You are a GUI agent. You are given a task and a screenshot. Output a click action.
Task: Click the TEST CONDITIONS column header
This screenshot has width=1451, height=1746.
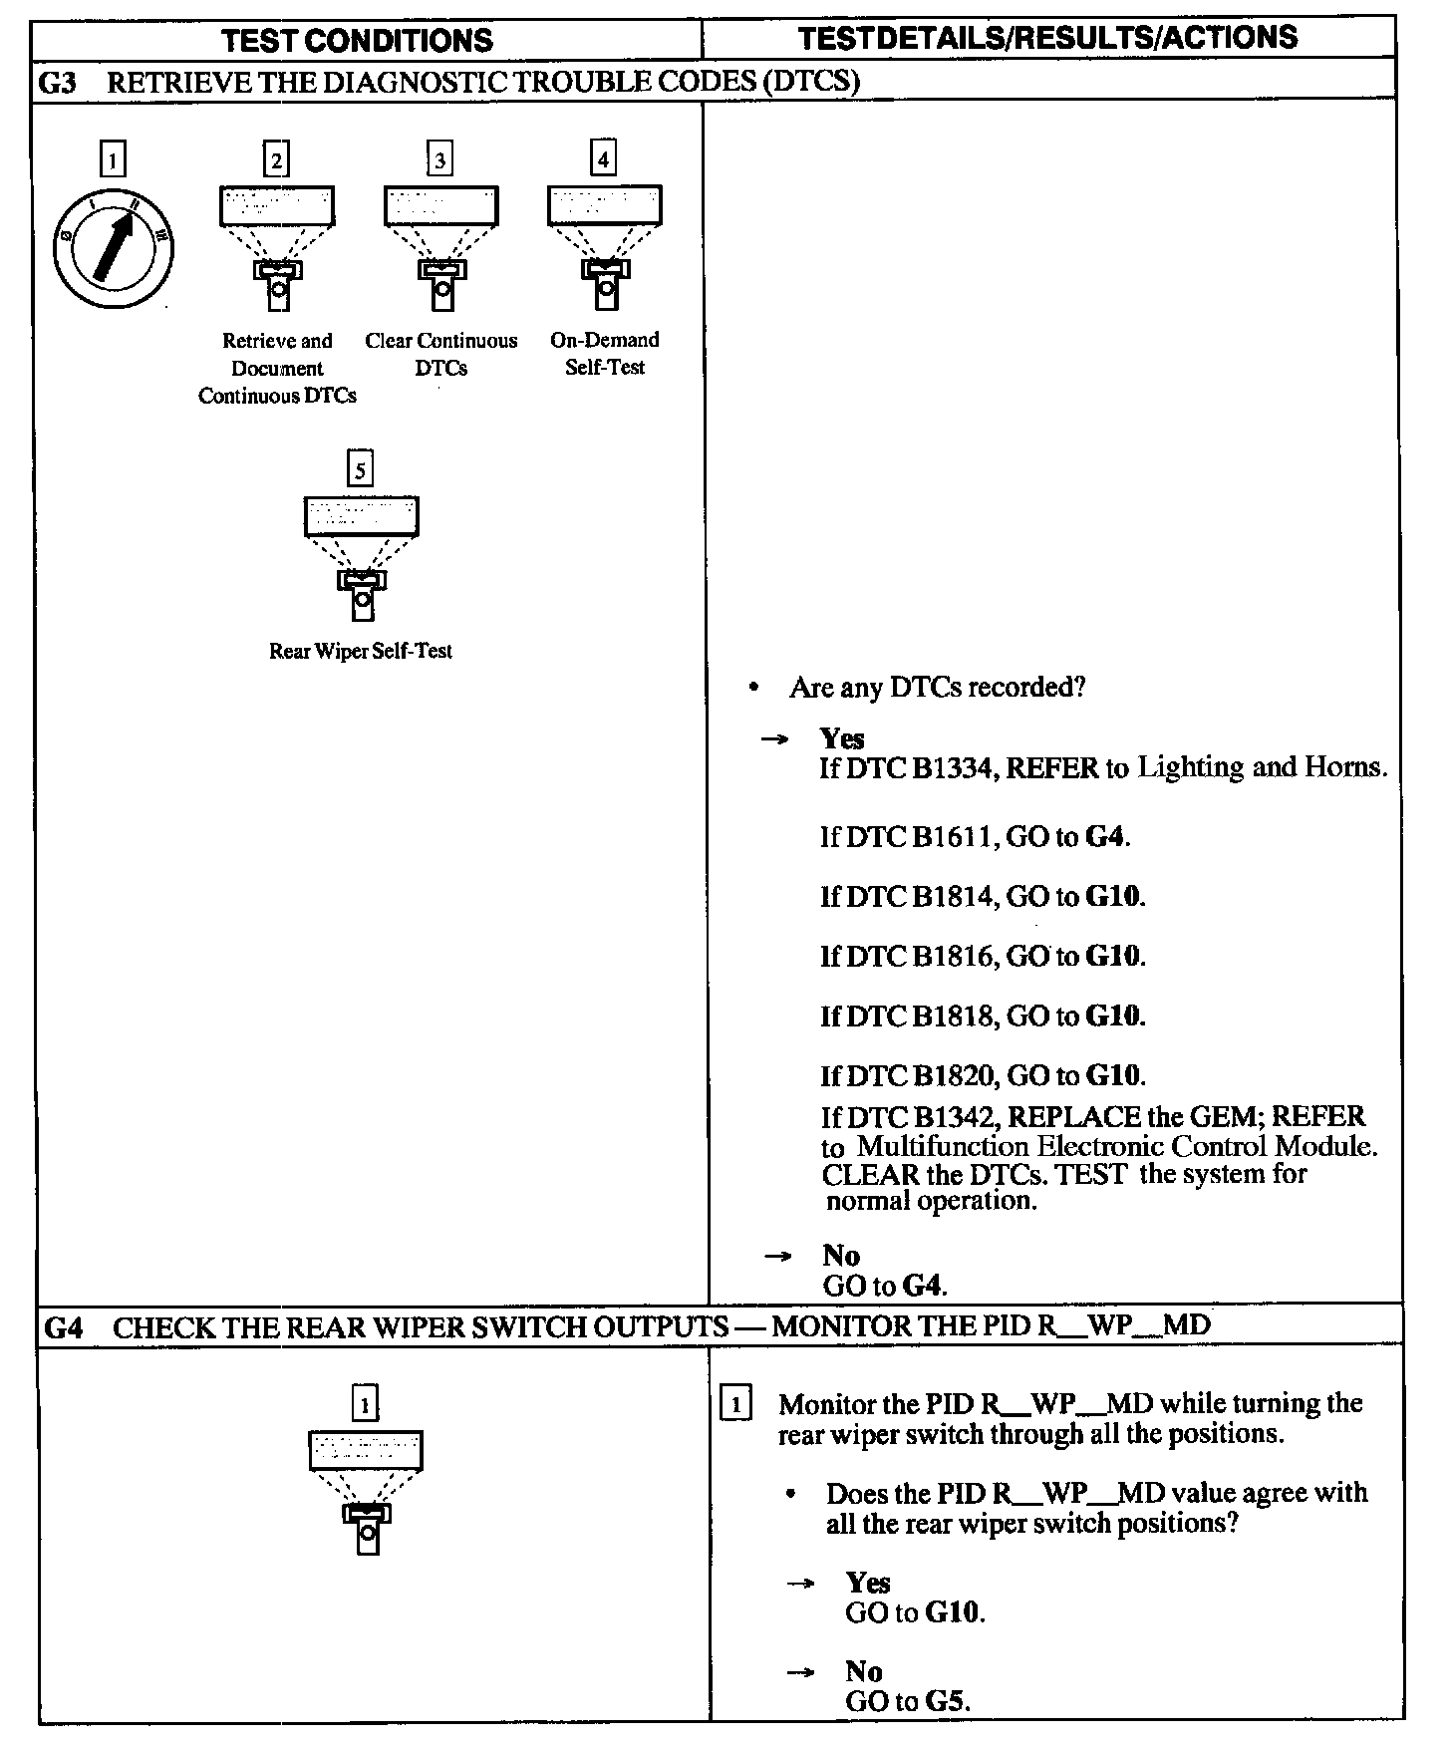pyautogui.click(x=357, y=40)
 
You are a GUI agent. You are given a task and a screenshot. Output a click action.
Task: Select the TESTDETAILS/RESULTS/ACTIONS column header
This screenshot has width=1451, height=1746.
pyautogui.click(x=1047, y=38)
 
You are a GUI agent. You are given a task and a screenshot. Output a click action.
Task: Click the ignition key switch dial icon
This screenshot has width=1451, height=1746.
pyautogui.click(x=113, y=247)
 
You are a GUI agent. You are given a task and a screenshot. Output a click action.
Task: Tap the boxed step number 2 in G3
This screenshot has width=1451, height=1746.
pyautogui.click(x=276, y=159)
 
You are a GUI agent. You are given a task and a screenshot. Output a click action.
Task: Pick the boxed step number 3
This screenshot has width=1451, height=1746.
pyautogui.click(x=439, y=159)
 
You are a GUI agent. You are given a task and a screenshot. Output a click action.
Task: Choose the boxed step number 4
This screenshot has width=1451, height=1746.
pyautogui.click(x=603, y=158)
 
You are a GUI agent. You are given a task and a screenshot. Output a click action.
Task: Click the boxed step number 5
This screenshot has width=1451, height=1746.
pyautogui.click(x=360, y=468)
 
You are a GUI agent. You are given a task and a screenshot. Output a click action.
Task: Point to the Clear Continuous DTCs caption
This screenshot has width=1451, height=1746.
pyautogui.click(x=441, y=354)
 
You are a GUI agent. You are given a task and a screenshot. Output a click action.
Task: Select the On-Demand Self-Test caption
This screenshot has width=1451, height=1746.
pyautogui.click(x=605, y=353)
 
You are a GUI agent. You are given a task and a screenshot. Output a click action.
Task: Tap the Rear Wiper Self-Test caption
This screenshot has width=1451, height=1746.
pyautogui.click(x=361, y=651)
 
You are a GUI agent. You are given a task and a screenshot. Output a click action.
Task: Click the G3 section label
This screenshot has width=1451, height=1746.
pyautogui.click(x=58, y=82)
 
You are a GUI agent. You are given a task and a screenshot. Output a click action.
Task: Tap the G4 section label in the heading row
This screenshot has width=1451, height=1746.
pyautogui.click(x=65, y=1327)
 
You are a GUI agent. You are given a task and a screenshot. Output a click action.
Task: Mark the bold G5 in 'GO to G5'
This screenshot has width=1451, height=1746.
pyautogui.click(x=946, y=1701)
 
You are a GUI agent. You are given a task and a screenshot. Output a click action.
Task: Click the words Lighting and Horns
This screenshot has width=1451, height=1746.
pyautogui.click(x=1262, y=767)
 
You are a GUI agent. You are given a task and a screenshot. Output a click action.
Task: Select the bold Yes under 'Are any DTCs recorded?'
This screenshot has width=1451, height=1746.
pyautogui.click(x=842, y=738)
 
